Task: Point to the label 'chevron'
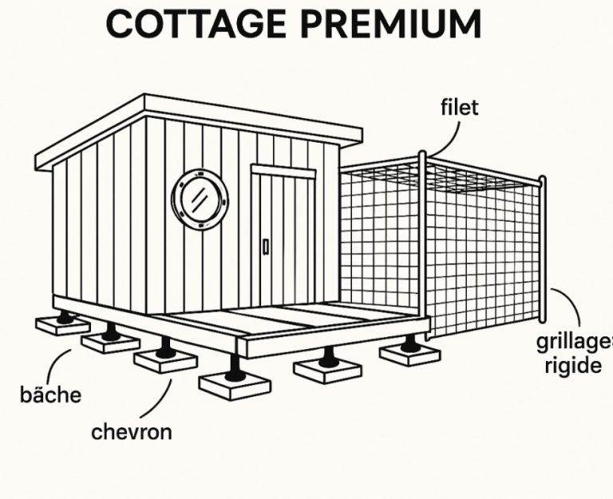click(x=131, y=432)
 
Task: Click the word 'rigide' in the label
click(x=572, y=366)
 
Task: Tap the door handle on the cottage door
click(x=265, y=246)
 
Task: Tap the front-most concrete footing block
click(x=234, y=387)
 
